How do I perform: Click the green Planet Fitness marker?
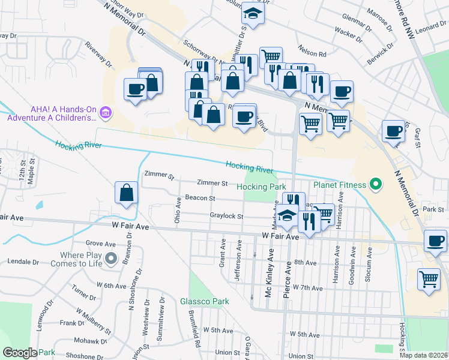(x=376, y=184)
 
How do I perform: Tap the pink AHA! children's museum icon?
(x=106, y=112)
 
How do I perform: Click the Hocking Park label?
(x=261, y=187)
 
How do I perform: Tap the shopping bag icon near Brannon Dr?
(x=127, y=193)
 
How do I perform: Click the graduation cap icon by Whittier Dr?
(x=253, y=15)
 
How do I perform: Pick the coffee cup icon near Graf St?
(x=394, y=131)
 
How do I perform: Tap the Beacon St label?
(x=200, y=197)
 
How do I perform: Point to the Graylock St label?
(x=226, y=216)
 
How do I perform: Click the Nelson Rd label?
(x=314, y=53)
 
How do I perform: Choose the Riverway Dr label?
(x=99, y=54)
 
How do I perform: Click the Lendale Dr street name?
(x=23, y=262)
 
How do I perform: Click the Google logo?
(x=20, y=353)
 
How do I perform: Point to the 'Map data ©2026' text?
(x=424, y=355)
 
